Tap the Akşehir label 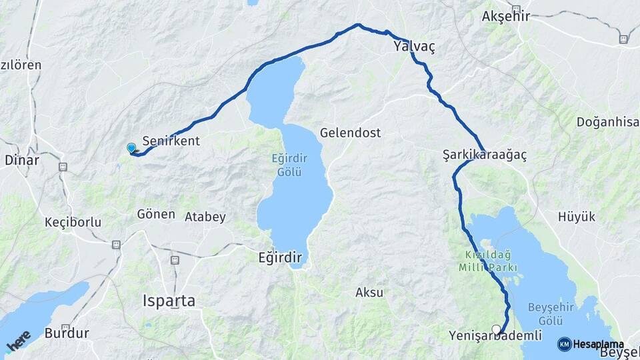[x=505, y=16]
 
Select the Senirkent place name [x=171, y=141]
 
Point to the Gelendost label [x=350, y=133]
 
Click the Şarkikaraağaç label [x=485, y=155]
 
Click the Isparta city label [x=169, y=301]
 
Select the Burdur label [x=67, y=333]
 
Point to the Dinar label [x=22, y=160]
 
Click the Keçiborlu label [x=73, y=222]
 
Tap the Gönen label [x=155, y=215]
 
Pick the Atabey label [x=205, y=217]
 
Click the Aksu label [x=369, y=292]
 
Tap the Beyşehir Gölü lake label [x=551, y=313]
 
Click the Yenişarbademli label [x=495, y=336]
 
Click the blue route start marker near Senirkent [x=131, y=148]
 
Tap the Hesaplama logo [x=586, y=344]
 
